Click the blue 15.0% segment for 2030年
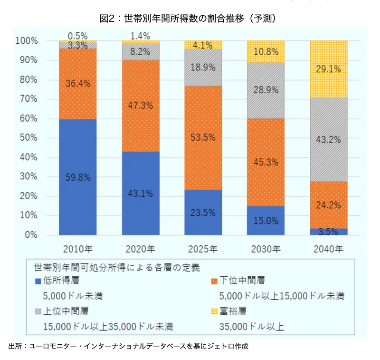tap(266, 221)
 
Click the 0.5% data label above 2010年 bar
tap(77, 36)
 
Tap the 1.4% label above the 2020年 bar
tap(140, 36)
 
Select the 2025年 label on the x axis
tap(203, 249)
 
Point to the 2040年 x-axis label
tap(328, 249)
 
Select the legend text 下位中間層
tap(242, 281)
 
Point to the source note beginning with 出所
tap(128, 346)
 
